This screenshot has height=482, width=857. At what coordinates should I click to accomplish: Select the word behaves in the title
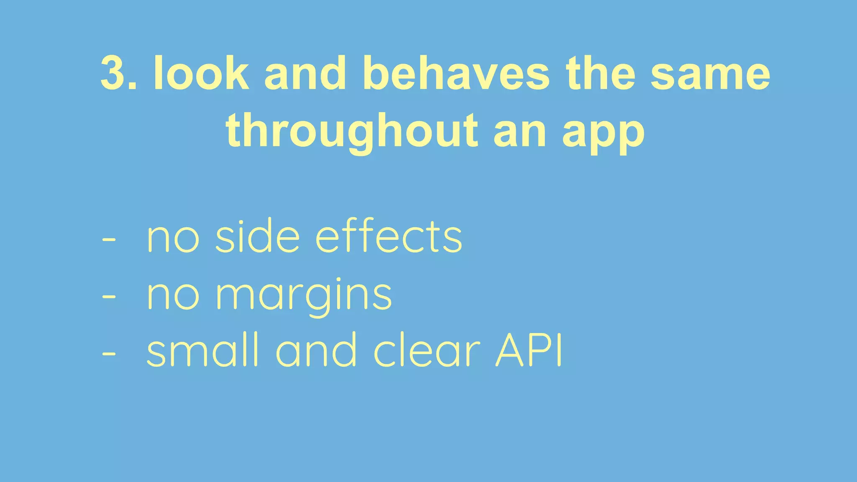tap(456, 74)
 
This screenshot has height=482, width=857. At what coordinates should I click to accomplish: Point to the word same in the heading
tap(710, 74)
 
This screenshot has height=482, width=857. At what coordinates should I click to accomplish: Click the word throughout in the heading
tap(352, 131)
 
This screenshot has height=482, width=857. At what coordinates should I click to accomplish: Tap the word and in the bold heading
tap(305, 74)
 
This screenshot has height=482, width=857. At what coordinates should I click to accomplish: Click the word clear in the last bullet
tap(426, 350)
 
